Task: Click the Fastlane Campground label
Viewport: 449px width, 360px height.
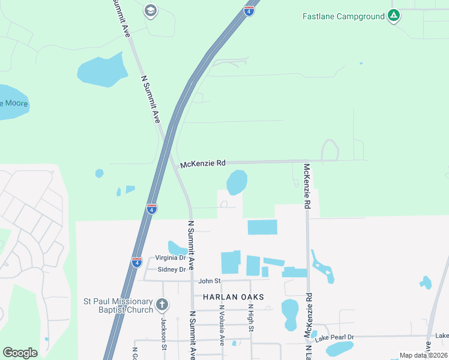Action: [343, 16]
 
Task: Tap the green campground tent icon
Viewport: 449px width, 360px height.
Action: [393, 16]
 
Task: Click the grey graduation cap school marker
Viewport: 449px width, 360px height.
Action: [151, 10]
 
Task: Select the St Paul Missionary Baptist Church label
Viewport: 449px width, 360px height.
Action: [118, 305]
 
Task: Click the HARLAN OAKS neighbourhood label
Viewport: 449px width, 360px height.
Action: [233, 297]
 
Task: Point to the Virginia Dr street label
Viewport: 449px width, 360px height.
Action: [170, 257]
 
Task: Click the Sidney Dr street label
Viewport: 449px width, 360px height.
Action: [172, 269]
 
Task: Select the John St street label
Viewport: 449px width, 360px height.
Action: [210, 280]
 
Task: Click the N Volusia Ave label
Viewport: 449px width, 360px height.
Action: [221, 325]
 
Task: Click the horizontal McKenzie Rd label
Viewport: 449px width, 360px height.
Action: [203, 163]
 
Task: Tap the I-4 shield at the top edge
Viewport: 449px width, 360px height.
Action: [249, 10]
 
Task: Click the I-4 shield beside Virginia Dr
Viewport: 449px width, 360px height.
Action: [137, 262]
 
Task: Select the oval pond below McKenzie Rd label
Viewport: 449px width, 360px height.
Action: [237, 182]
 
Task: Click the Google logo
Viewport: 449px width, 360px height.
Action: [20, 353]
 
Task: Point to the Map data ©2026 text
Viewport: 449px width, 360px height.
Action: [423, 355]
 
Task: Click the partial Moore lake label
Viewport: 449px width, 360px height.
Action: [13, 103]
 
